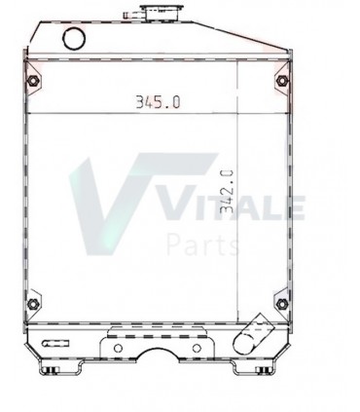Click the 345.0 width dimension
click(x=158, y=102)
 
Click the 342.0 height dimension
click(x=227, y=192)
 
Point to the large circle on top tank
click(x=74, y=38)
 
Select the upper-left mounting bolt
click(x=33, y=80)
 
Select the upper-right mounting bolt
click(x=282, y=80)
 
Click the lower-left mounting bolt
click(x=33, y=304)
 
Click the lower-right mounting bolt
click(x=282, y=304)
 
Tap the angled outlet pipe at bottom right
click(x=253, y=334)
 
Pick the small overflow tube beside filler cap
click(x=131, y=15)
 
